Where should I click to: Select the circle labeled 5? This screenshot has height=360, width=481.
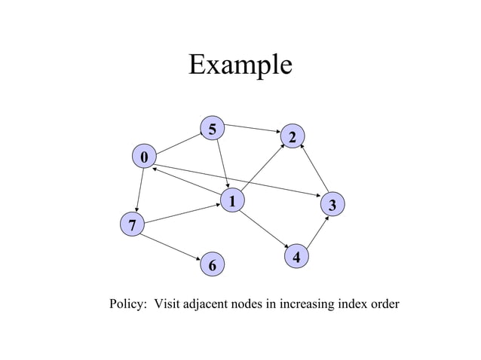point(213,129)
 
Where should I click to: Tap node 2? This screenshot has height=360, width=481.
point(293,136)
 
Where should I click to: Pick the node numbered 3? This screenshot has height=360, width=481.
point(332,204)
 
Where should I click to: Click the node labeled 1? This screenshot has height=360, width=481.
point(232,200)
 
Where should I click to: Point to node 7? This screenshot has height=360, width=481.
point(132,224)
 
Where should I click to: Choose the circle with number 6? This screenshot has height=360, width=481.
point(212,265)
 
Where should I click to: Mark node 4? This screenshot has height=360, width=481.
point(297,257)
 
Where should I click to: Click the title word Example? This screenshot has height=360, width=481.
point(240,65)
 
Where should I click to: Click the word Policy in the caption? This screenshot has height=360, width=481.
point(128,304)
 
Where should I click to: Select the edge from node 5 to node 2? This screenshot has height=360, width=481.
point(253,129)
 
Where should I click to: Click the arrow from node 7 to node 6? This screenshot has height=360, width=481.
point(172,244)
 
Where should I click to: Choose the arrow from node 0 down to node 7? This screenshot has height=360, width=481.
point(138,190)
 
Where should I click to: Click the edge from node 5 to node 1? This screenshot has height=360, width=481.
point(222,163)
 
